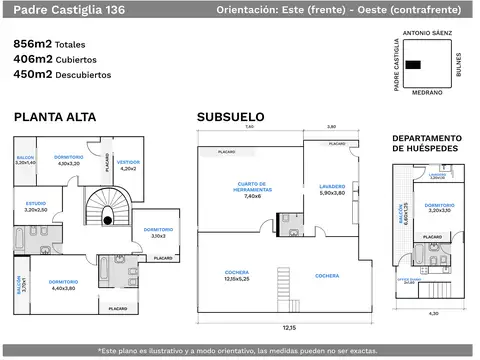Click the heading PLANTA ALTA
pos(55,117)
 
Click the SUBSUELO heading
pos(232,117)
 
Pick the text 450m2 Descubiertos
pos(62,74)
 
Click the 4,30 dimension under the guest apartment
pos(433,313)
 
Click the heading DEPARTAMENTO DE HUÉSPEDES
pos(426,143)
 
